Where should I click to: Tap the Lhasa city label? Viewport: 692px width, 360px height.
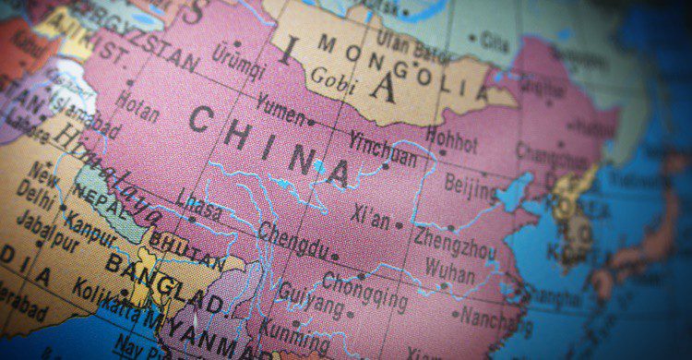click(x=198, y=209)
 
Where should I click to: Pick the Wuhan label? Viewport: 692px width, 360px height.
click(x=450, y=274)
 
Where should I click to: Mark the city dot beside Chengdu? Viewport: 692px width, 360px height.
click(x=335, y=257)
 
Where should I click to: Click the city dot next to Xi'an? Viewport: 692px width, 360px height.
click(x=399, y=224)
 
